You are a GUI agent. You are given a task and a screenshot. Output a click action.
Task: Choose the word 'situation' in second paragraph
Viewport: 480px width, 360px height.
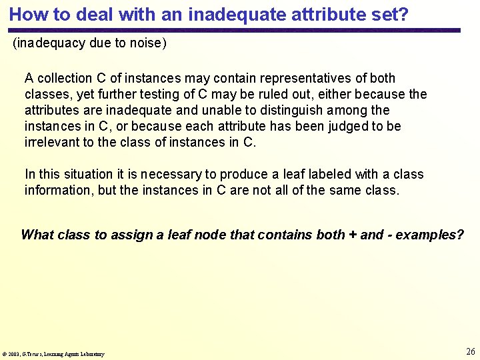pyautogui.click(x=91, y=174)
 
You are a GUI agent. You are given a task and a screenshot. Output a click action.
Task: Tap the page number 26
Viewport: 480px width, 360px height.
pyautogui.click(x=470, y=351)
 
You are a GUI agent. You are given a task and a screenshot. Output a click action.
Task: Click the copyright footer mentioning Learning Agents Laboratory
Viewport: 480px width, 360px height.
pyautogui.click(x=54, y=354)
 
